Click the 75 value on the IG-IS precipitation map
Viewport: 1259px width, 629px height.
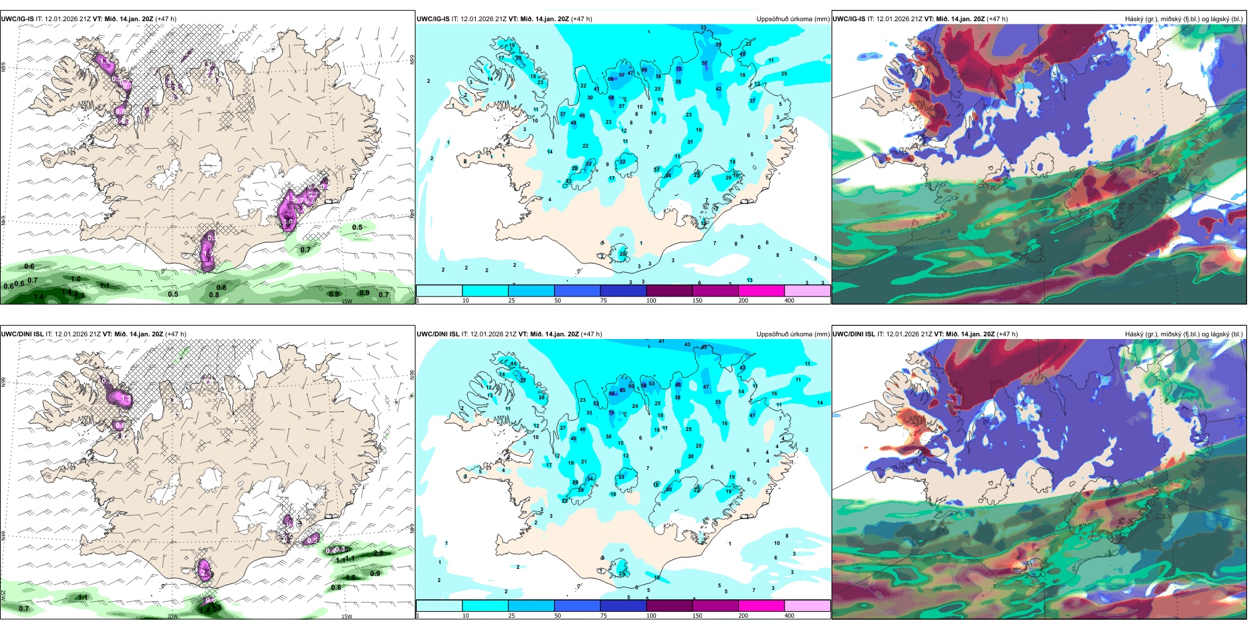click(679, 69)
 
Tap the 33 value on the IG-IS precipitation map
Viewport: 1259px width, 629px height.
click(703, 28)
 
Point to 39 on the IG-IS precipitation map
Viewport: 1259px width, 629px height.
click(518, 58)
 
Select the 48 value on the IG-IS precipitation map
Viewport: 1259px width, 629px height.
click(573, 123)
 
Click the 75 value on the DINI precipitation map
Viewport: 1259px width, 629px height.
click(611, 412)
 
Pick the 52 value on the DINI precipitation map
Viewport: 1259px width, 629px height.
click(596, 403)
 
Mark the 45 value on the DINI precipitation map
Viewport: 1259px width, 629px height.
click(704, 347)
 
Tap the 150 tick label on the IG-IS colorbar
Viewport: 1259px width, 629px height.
click(697, 301)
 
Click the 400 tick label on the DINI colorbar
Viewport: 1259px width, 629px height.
click(789, 616)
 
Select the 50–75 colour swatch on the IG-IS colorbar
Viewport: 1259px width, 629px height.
click(576, 290)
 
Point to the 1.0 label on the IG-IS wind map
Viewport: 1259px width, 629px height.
click(76, 279)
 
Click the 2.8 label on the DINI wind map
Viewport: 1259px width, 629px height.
click(378, 553)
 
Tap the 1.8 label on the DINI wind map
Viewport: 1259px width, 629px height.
click(351, 577)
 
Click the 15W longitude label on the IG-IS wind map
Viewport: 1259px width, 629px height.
click(346, 301)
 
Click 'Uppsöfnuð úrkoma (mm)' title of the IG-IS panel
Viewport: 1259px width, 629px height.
click(793, 19)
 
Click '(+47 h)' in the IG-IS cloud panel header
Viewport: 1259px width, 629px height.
click(997, 19)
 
